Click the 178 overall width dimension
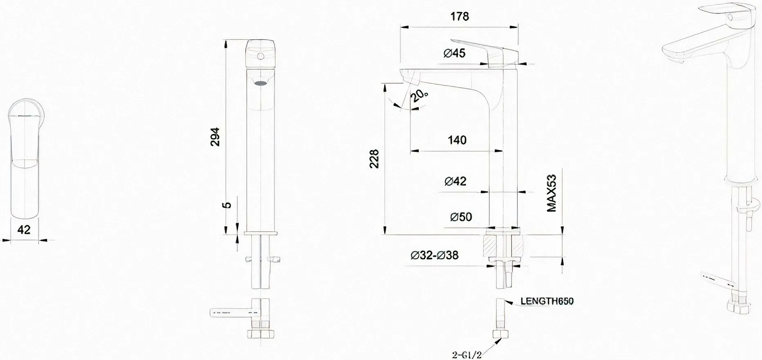[460, 16]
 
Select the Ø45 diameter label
[454, 53]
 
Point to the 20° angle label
[420, 95]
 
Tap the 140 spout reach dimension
[457, 140]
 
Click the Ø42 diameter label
[456, 181]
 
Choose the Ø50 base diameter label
[461, 217]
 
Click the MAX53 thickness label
[552, 193]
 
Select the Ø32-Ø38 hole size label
[434, 255]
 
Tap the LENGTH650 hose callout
[547, 301]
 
